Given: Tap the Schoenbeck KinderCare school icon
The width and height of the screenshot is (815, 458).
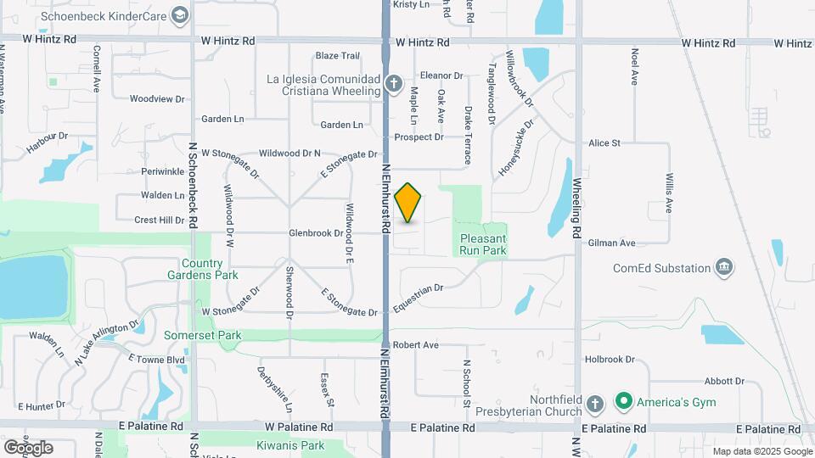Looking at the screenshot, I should click(180, 14).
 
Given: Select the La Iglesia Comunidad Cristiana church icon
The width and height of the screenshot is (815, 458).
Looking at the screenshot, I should click(393, 84).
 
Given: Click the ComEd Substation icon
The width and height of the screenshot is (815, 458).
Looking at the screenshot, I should click(723, 268).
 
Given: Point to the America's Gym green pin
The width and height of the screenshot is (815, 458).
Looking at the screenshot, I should click(625, 402).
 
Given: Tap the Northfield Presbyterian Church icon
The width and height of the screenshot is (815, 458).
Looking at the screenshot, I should click(595, 403).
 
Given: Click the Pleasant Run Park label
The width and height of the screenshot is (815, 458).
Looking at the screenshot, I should click(483, 245).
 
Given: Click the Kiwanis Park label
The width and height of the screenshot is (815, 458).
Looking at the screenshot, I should click(290, 445).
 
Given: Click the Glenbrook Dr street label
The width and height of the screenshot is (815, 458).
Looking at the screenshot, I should click(315, 232).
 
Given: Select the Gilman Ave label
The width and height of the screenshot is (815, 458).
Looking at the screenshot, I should click(611, 243).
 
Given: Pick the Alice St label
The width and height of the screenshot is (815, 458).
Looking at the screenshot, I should click(604, 143).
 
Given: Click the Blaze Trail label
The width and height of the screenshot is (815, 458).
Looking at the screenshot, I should click(338, 56).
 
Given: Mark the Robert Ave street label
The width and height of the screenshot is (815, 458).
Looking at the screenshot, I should click(415, 345).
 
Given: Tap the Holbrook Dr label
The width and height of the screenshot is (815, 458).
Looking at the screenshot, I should click(604, 360).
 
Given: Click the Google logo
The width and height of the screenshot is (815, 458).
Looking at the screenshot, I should click(28, 447).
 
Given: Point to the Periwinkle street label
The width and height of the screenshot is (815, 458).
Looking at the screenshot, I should click(163, 171).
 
